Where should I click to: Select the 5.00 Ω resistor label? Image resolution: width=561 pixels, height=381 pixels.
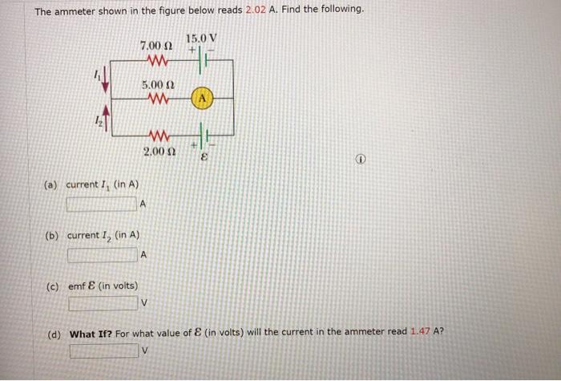pyautogui.click(x=158, y=83)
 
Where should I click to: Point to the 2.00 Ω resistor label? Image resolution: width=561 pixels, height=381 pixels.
pyautogui.click(x=158, y=151)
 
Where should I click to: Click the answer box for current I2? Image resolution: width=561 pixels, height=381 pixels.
pyautogui.click(x=102, y=255)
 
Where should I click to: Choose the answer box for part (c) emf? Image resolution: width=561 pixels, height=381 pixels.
pyautogui.click(x=102, y=304)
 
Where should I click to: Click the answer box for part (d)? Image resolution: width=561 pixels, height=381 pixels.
pyautogui.click(x=103, y=351)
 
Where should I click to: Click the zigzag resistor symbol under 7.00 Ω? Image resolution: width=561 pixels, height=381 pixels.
pyautogui.click(x=158, y=60)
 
